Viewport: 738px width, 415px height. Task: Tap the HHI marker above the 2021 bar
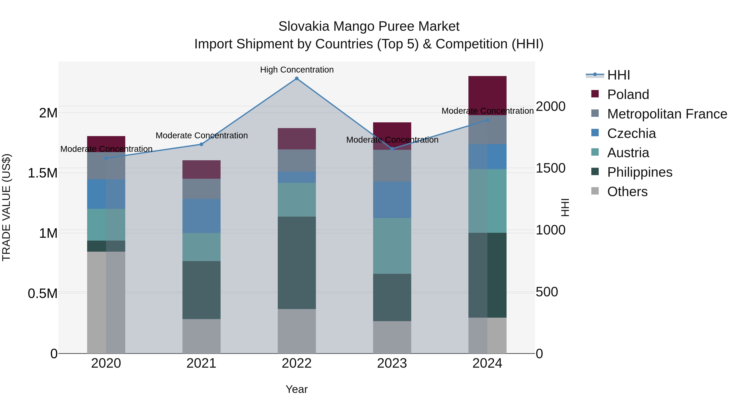(201, 144)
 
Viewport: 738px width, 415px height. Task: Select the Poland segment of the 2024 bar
(487, 95)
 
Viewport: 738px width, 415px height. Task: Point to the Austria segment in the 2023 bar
(392, 246)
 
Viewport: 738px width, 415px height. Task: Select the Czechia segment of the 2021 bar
(201, 216)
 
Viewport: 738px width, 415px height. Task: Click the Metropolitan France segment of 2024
(487, 130)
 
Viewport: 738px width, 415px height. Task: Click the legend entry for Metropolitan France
(667, 114)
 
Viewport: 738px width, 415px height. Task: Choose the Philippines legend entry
(639, 172)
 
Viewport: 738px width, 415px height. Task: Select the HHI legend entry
(618, 75)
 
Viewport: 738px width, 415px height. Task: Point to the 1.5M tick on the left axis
(42, 173)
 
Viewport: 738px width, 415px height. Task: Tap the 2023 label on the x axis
(392, 363)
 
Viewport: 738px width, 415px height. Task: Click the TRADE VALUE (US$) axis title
(6, 207)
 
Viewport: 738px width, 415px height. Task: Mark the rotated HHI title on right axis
(565, 207)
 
